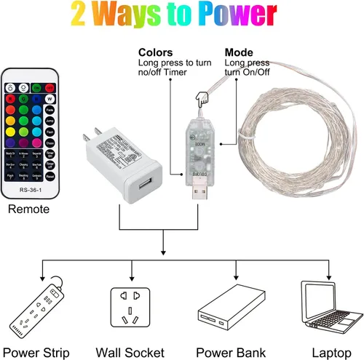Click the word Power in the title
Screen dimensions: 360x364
(x=237, y=15)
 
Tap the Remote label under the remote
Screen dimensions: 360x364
(x=29, y=209)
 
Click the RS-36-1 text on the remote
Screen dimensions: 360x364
(x=30, y=191)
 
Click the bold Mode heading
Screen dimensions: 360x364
(x=239, y=52)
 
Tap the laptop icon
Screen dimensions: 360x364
(x=328, y=308)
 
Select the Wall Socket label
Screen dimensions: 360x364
(x=131, y=353)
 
